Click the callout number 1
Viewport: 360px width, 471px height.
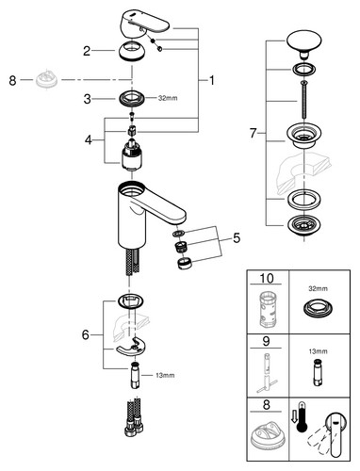click(212, 81)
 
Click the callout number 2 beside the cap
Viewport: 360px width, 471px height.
click(87, 51)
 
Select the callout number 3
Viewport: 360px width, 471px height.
click(87, 99)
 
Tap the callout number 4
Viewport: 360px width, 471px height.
click(89, 139)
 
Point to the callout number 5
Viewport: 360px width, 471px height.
click(237, 238)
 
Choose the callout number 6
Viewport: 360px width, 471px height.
click(86, 335)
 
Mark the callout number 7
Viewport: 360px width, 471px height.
click(254, 134)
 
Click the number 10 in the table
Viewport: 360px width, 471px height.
click(267, 278)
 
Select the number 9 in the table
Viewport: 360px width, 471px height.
click(266, 341)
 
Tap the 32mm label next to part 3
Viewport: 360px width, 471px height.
click(168, 98)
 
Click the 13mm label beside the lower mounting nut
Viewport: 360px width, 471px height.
click(165, 375)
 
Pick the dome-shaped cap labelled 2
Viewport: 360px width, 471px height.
click(132, 51)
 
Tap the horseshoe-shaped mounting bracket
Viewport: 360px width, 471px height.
click(129, 347)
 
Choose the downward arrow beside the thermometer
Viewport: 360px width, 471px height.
click(293, 416)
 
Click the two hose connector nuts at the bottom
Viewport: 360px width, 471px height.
click(134, 428)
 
